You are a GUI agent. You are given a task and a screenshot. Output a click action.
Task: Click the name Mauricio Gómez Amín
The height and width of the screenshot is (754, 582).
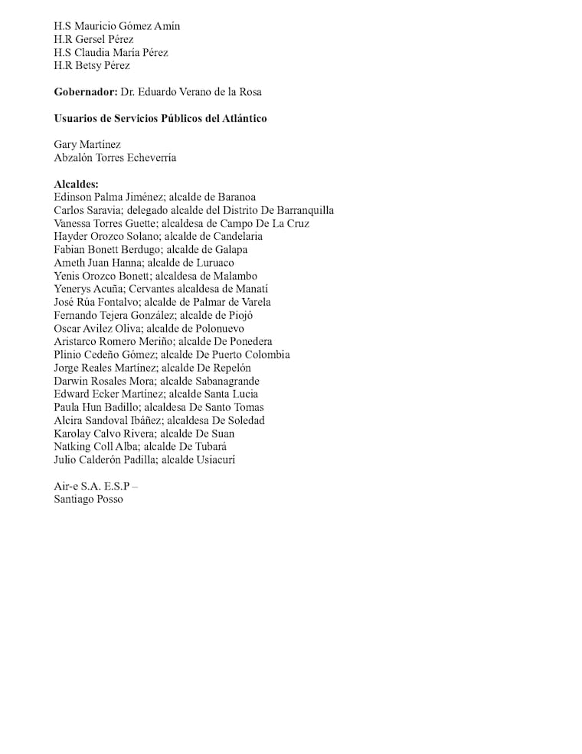point(128,26)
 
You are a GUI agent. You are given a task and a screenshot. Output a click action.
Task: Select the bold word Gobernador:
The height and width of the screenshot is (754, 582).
point(85,92)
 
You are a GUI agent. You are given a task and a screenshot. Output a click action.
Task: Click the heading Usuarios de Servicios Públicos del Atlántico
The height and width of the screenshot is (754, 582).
point(160,118)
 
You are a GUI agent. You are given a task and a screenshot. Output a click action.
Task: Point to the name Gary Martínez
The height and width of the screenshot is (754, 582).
point(87,144)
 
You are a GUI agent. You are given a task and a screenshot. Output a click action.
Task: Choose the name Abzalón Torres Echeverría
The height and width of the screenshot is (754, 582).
point(115,158)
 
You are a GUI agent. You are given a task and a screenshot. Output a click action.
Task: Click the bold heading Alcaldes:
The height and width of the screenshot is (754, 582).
point(76,184)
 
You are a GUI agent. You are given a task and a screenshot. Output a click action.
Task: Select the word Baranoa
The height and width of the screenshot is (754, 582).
point(237,197)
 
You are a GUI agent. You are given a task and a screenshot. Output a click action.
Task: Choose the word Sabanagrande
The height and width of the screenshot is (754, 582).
point(227,381)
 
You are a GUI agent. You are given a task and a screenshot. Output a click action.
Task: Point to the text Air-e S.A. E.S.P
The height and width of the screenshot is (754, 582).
point(92,486)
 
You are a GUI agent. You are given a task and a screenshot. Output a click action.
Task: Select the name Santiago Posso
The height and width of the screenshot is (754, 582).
point(88,499)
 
